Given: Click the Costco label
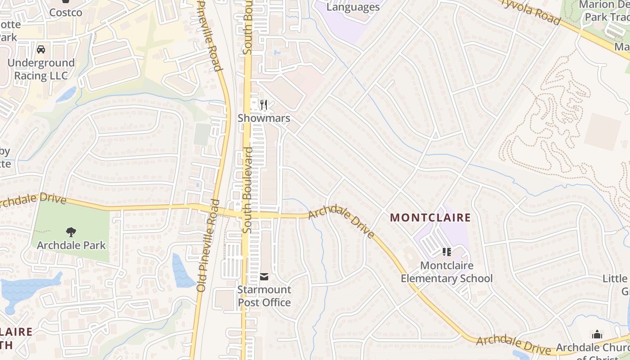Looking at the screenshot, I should coord(66,13).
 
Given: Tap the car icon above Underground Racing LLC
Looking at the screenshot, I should coord(41,49).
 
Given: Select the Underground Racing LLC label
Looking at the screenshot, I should coord(41,69).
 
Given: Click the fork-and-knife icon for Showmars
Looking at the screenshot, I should coord(264,105).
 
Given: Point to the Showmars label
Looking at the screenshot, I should coord(264,118).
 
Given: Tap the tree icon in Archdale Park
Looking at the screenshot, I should coord(71,232).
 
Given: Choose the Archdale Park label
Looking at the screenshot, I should coord(71,245).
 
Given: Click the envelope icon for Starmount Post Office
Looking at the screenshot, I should coord(264,276).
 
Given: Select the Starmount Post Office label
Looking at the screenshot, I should coord(264,296).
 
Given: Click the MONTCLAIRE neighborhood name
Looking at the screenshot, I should coord(430,218).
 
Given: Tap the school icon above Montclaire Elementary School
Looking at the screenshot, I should coord(446,252).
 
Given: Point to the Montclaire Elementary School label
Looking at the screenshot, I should coord(446,272).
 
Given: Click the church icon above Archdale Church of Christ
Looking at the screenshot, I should coord(597,334).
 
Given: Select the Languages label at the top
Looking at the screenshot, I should coord(353,7).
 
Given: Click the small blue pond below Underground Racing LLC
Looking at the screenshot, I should coord(66,94).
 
